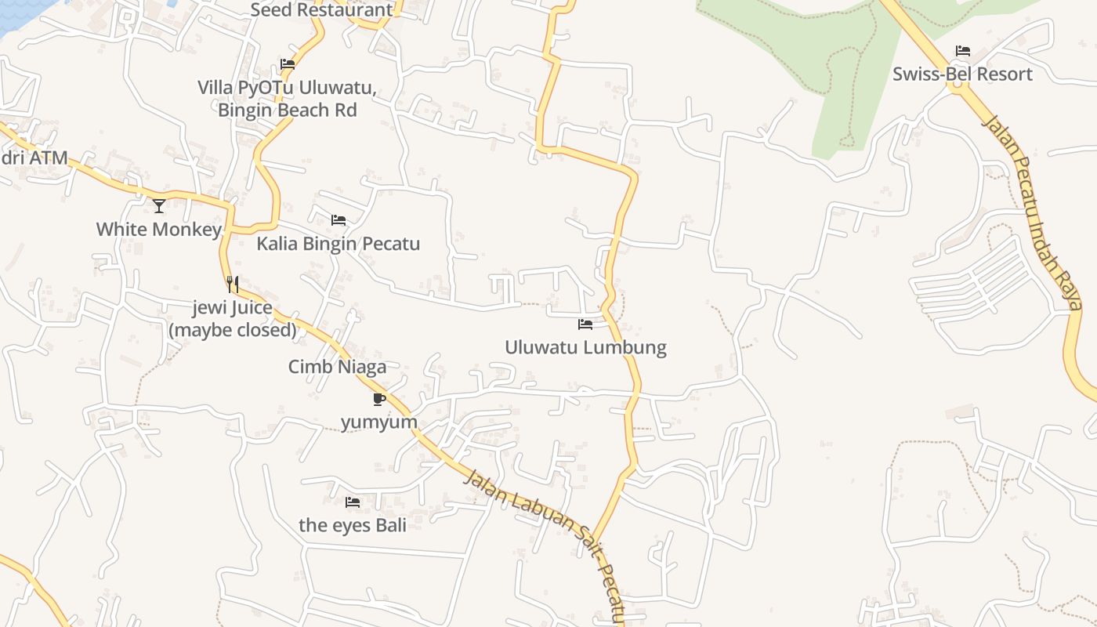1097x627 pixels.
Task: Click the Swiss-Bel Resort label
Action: [962, 74]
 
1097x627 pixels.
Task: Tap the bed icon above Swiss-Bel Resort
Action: [963, 51]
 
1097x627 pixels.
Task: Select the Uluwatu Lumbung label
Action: [585, 347]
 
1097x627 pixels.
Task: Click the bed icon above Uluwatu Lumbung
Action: [585, 324]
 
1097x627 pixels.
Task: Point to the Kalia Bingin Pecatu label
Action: [338, 244]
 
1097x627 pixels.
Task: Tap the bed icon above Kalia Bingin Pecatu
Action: [339, 220]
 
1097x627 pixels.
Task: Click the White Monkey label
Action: [159, 230]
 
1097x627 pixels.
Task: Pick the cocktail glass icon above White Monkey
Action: [159, 206]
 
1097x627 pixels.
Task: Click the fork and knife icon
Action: [233, 284]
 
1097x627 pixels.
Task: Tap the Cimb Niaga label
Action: [337, 367]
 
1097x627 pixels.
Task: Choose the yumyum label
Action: [379, 422]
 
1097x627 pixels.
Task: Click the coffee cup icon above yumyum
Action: [379, 399]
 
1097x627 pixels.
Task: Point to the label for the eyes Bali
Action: [353, 525]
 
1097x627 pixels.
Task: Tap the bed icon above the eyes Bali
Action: [353, 502]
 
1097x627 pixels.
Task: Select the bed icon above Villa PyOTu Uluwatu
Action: [288, 64]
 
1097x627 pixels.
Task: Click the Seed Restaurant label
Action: [321, 10]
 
